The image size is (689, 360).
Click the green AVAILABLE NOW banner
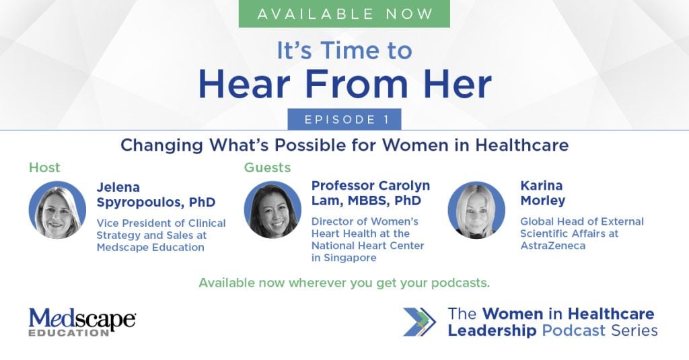(x=344, y=13)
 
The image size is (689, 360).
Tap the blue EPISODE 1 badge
(x=344, y=119)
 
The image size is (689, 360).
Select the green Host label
(x=44, y=168)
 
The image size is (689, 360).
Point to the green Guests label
(x=267, y=168)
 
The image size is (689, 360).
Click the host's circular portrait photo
(x=57, y=210)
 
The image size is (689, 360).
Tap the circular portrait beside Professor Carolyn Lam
(x=273, y=210)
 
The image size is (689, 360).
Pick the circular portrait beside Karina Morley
(x=476, y=210)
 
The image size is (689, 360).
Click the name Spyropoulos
(x=141, y=203)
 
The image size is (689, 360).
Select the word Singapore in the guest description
(x=350, y=258)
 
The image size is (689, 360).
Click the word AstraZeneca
(x=553, y=246)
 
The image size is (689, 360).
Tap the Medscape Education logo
(x=82, y=322)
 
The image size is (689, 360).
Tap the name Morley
(x=543, y=201)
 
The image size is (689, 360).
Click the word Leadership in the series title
(x=492, y=330)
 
